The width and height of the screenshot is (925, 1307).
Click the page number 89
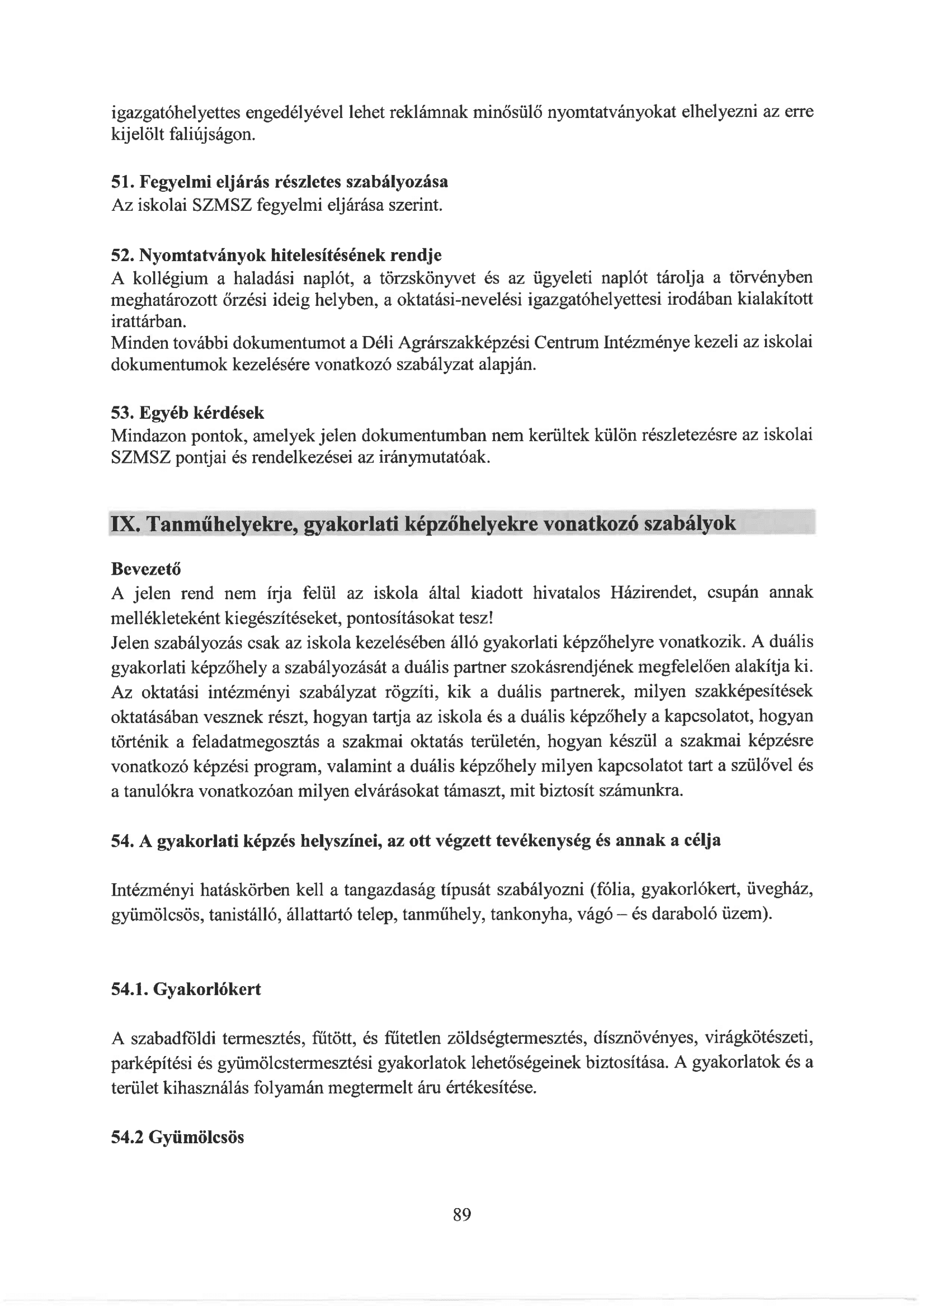pyautogui.click(x=462, y=1215)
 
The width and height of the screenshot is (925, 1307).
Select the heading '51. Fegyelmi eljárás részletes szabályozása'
pyautogui.click(x=279, y=182)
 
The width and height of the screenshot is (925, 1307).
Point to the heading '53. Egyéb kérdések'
pyautogui.click(x=187, y=412)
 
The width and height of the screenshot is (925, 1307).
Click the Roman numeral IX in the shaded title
pyautogui.click(x=124, y=524)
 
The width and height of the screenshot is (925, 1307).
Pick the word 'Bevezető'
pyautogui.click(x=146, y=569)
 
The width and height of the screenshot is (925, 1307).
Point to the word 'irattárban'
pyautogui.click(x=147, y=321)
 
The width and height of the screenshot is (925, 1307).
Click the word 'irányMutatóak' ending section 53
pyautogui.click(x=434, y=457)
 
